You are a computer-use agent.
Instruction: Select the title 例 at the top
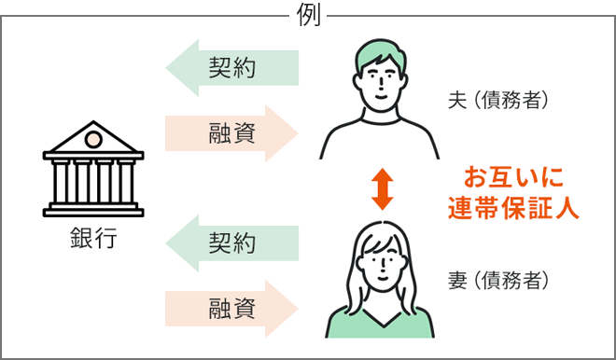click(x=308, y=14)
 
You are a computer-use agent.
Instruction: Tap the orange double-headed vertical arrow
click(x=381, y=189)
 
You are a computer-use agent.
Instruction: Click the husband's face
click(x=380, y=84)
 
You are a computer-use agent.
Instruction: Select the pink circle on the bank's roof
click(x=92, y=139)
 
